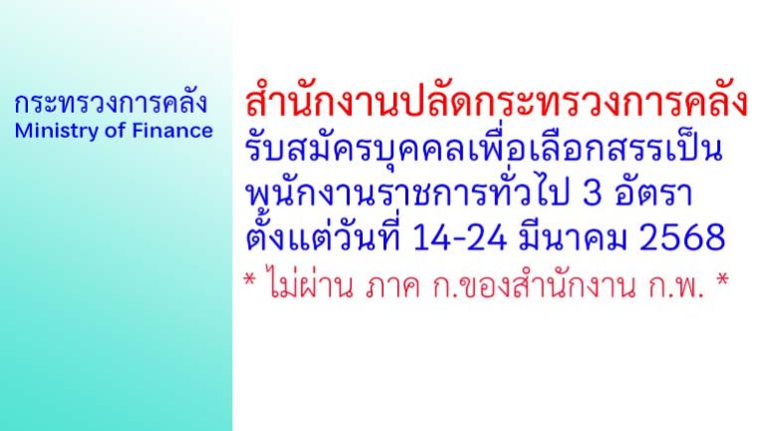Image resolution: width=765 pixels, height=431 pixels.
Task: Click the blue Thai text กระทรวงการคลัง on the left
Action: tap(111, 104)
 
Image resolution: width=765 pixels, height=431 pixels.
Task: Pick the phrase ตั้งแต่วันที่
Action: tap(323, 238)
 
